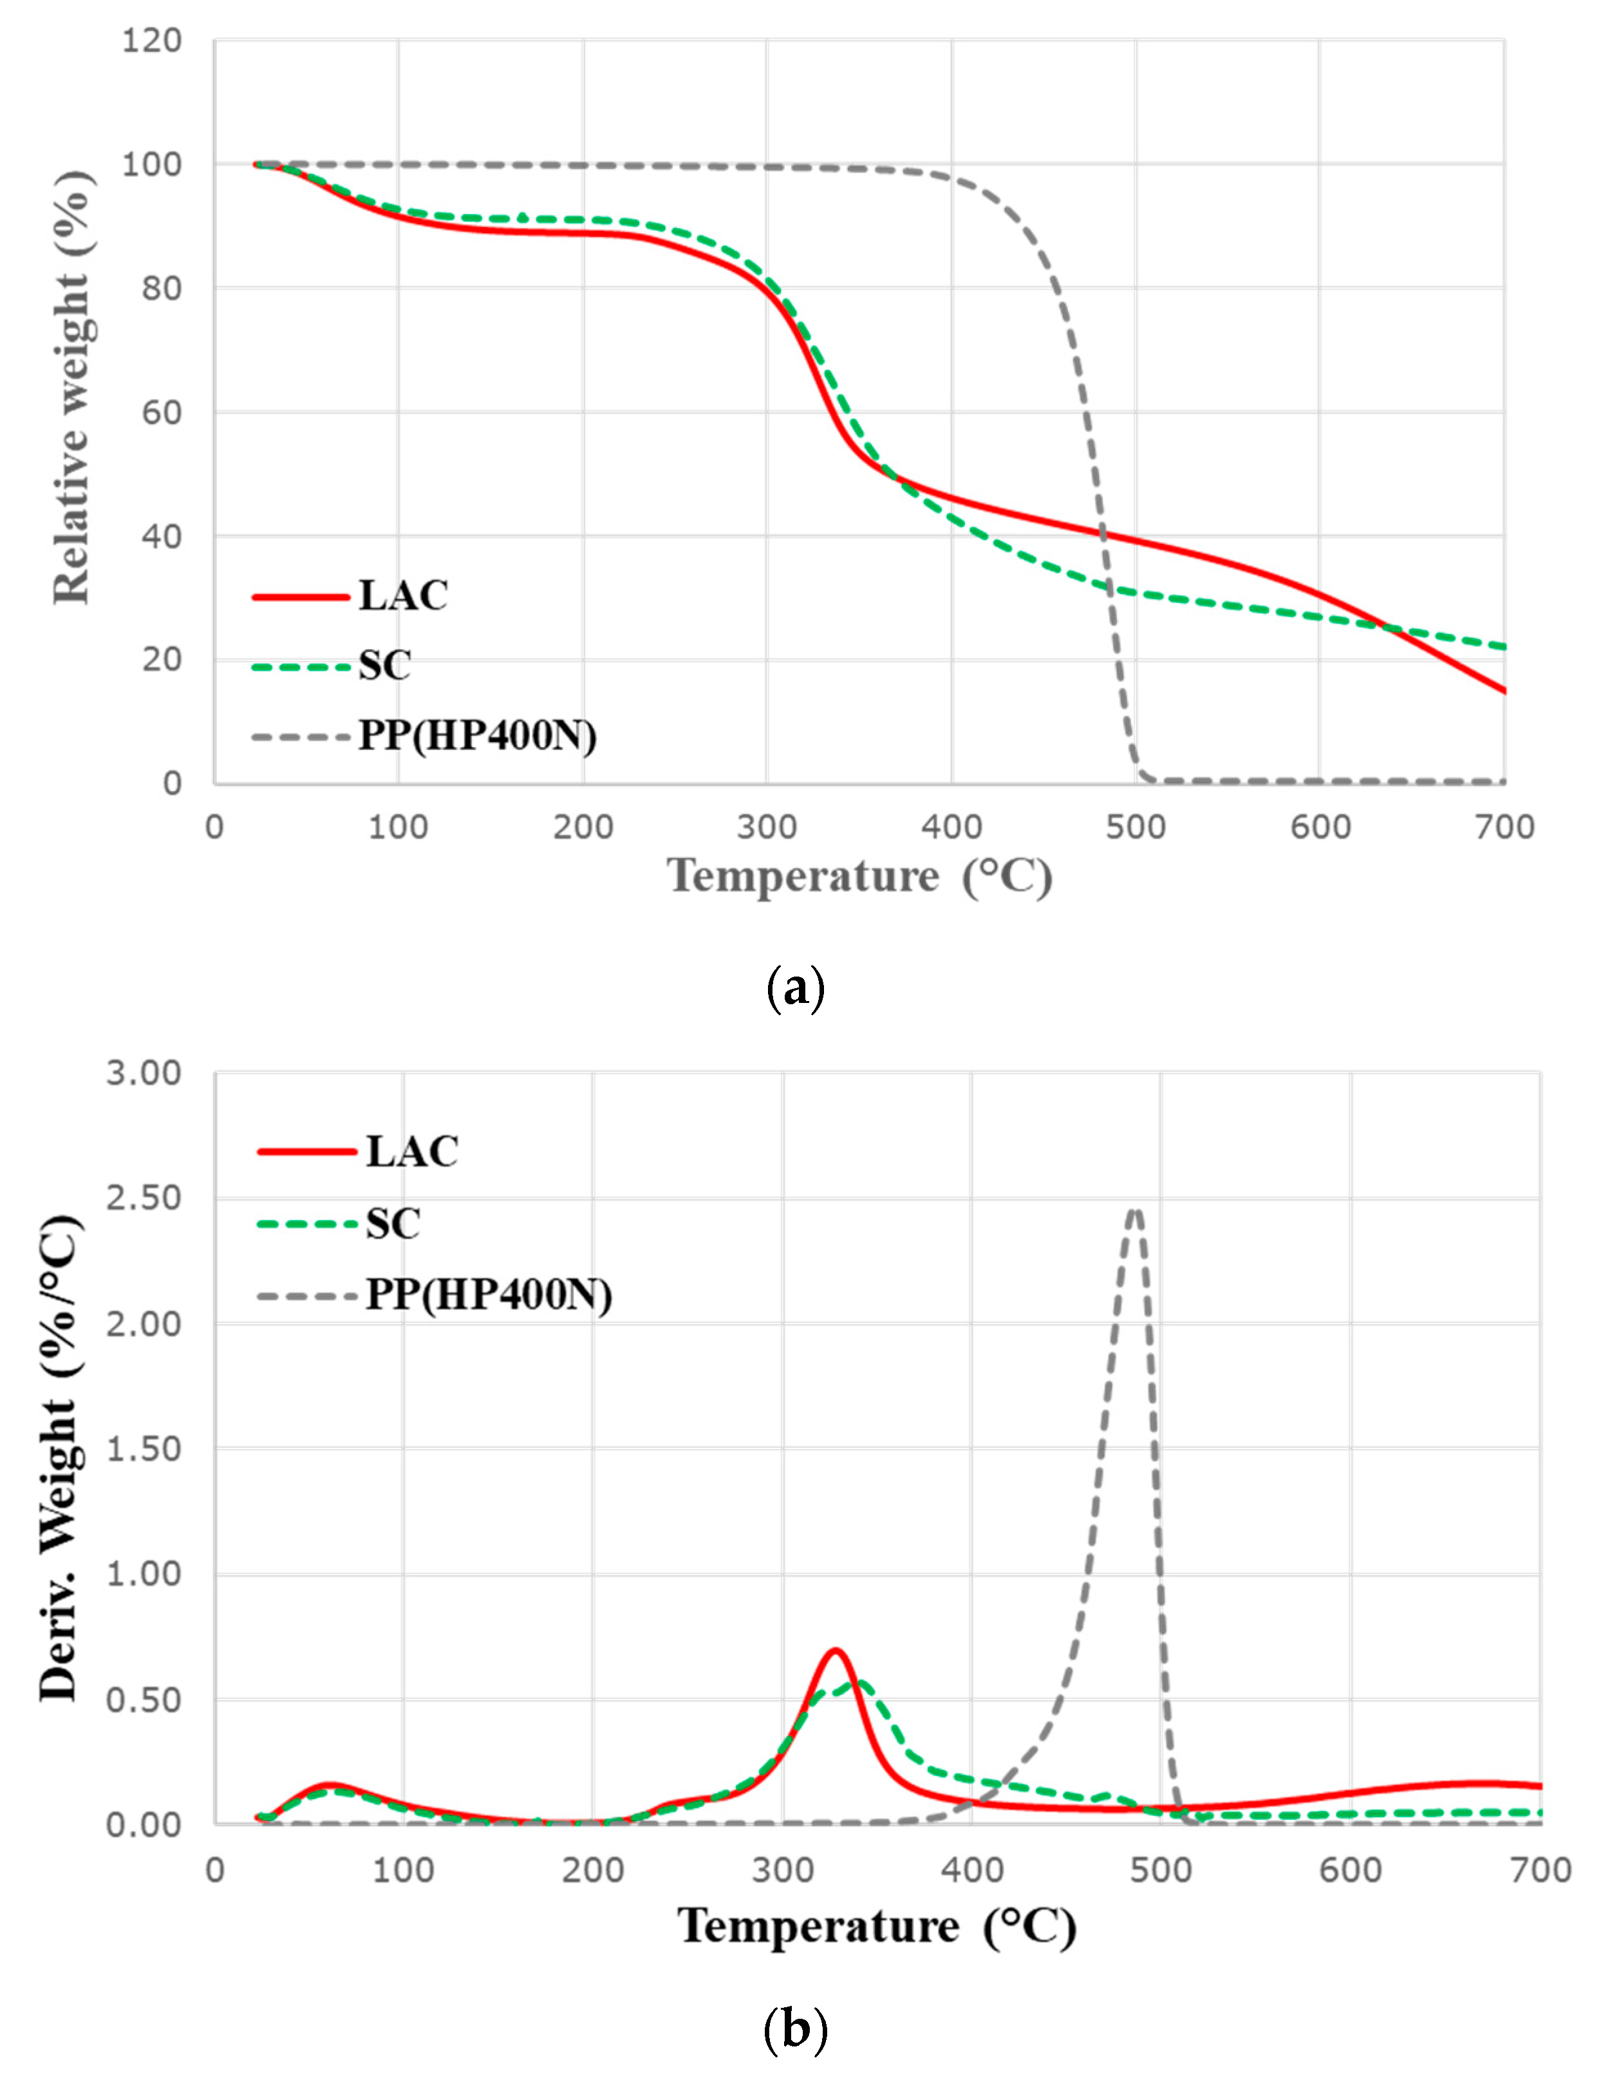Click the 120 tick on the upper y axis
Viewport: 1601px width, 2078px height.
pos(151,41)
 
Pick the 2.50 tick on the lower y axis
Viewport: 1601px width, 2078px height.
pos(144,1198)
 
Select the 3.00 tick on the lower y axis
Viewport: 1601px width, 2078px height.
pos(144,1073)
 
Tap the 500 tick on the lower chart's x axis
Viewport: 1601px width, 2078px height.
pos(1161,1871)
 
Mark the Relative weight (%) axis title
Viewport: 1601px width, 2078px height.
pos(72,388)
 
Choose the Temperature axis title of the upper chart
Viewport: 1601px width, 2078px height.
pos(860,876)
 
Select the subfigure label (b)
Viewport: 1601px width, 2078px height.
pos(794,2030)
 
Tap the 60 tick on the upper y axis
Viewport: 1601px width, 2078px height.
pos(162,413)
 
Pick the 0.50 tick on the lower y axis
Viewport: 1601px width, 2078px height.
pos(144,1699)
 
